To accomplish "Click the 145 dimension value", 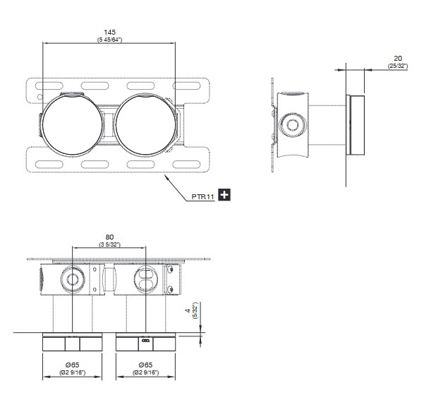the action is pos(109,33).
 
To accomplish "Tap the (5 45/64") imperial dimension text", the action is pos(109,40).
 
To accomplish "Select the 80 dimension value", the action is pos(109,237).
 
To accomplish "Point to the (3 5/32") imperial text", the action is pos(109,244).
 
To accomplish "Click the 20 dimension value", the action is pos(398,58).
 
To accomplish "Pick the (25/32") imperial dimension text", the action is pos(398,66).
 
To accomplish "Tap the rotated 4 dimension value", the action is pos(188,310).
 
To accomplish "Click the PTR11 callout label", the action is pos(202,197).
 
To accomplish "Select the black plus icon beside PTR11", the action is pos(224,195).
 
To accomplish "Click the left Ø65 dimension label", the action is pos(72,365).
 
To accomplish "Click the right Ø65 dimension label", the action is pos(145,365).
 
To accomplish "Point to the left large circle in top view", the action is pos(43,125).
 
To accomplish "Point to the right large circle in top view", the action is pos(116,125).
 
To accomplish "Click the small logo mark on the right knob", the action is pos(145,341).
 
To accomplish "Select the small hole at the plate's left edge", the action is pos(40,97).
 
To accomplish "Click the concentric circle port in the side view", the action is pos(293,125).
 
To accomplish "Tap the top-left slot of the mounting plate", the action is pos(49,86).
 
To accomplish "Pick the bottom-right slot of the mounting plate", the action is pos(186,165).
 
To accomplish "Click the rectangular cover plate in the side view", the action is pos(355,125).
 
